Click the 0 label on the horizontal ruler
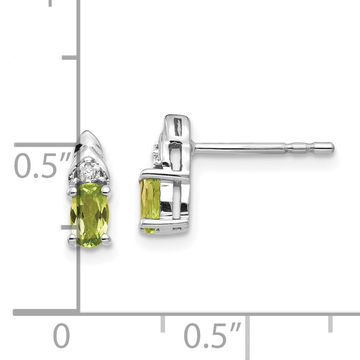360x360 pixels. (62, 335)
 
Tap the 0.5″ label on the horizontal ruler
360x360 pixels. (212, 335)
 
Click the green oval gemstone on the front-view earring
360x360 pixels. (90, 215)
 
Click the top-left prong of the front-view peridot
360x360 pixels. (72, 190)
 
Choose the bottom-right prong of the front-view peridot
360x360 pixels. (106, 238)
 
